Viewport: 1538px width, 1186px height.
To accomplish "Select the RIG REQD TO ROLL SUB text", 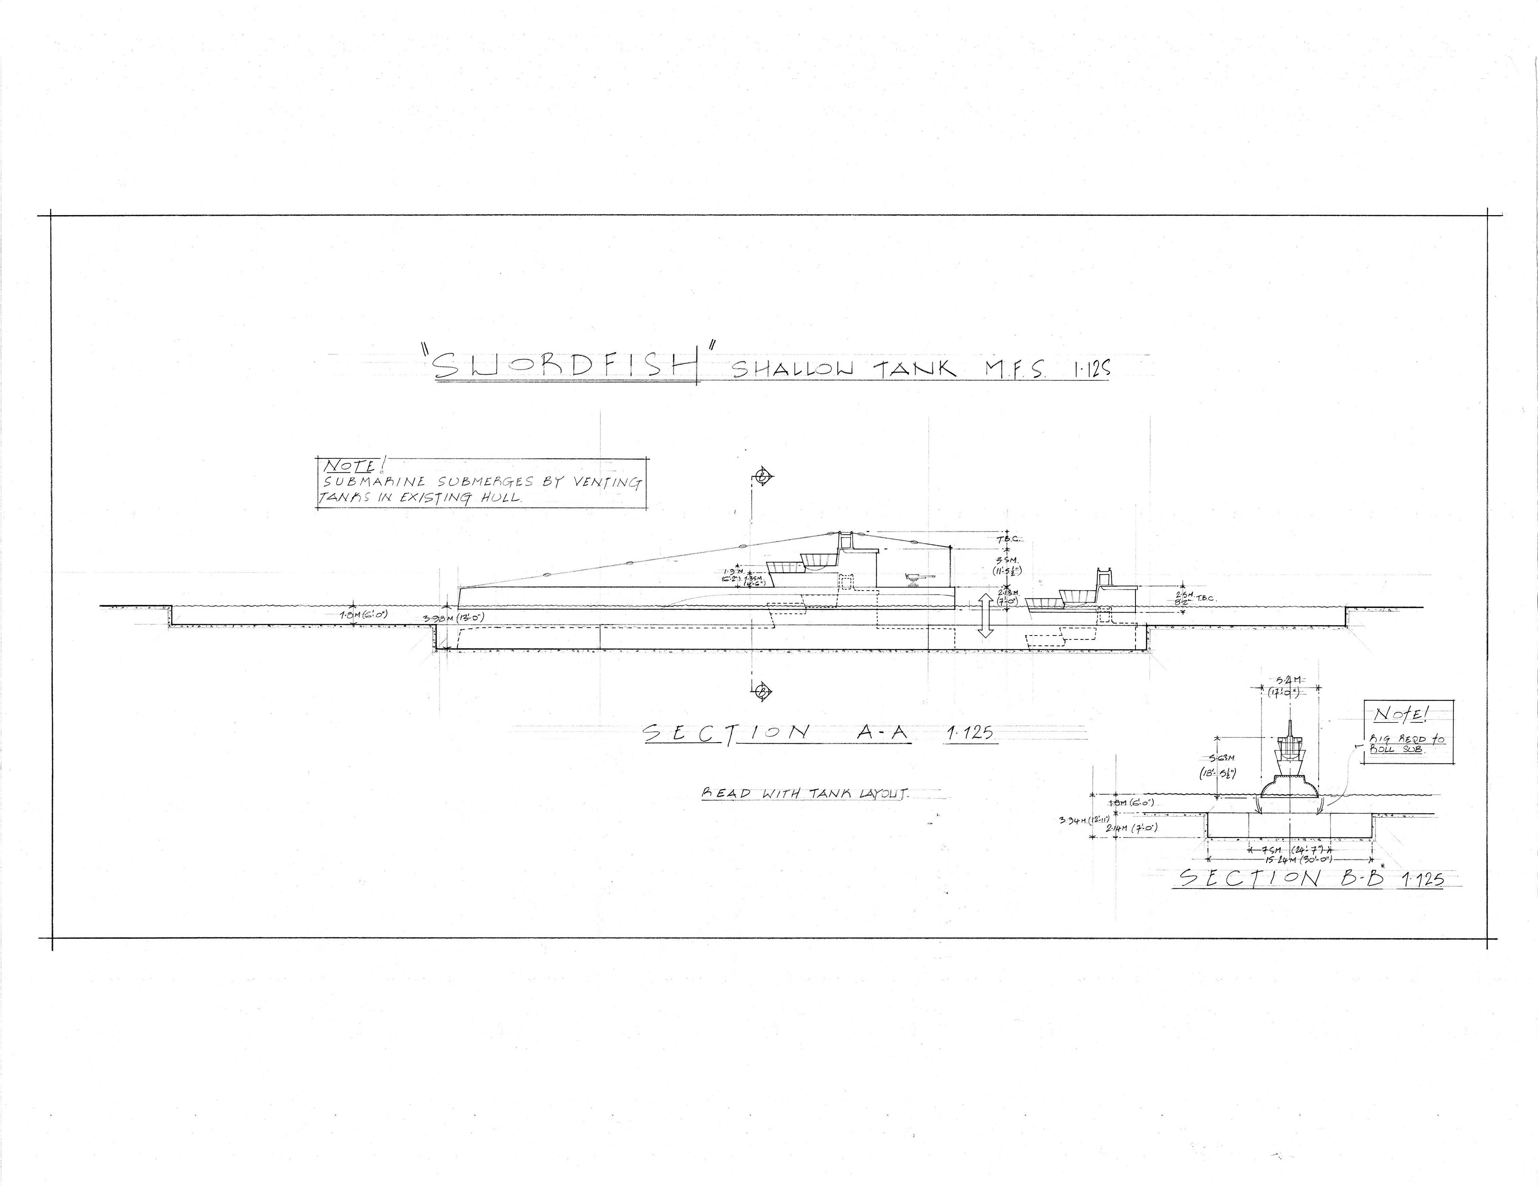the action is coord(1405,744).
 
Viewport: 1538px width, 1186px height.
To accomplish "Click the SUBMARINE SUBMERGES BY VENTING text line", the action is coord(482,482).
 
